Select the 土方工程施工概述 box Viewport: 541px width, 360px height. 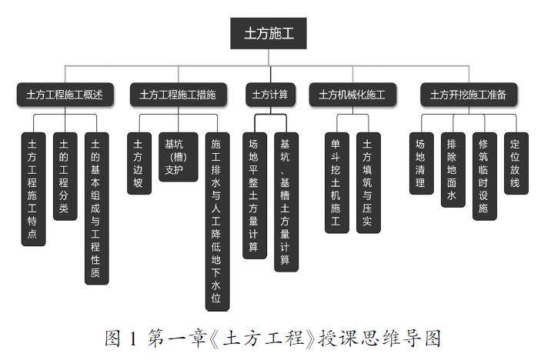tap(65, 95)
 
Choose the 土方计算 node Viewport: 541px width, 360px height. tap(270, 95)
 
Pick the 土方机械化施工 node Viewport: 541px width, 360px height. tap(352, 95)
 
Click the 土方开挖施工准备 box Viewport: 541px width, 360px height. tap(469, 95)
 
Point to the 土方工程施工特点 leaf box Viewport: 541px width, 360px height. tap(33, 189)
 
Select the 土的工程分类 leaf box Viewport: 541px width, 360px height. tap(65, 176)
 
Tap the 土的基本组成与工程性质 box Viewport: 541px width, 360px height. tap(96, 208)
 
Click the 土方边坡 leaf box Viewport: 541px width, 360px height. tap(139, 164)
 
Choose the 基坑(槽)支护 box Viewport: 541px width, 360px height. tap(175, 157)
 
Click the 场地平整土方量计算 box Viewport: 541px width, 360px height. tap(253, 195)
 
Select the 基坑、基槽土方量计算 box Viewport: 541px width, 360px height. tap(286, 202)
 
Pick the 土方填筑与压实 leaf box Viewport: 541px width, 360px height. tap(368, 183)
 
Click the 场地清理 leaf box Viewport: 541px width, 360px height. tap(421, 164)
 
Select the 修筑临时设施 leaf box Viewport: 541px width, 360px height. tap(484, 176)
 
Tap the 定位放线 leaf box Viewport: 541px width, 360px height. tap(516, 164)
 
